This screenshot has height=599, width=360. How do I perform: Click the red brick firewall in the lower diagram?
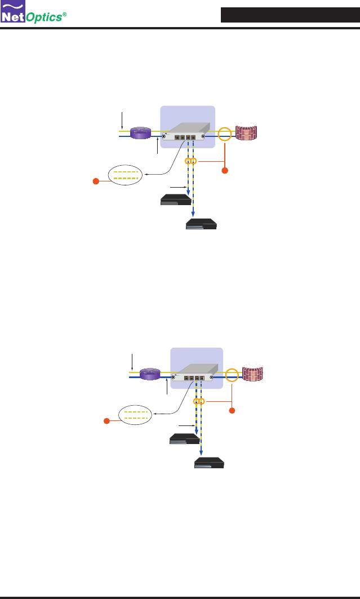[x=255, y=374]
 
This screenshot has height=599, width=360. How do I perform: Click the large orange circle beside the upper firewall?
[x=225, y=135]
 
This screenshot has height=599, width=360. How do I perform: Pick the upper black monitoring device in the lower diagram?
[x=185, y=439]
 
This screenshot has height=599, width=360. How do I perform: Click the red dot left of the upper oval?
[x=96, y=181]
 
